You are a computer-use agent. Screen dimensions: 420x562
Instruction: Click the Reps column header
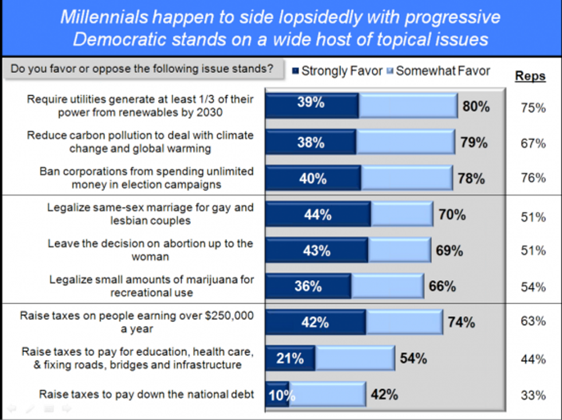click(530, 76)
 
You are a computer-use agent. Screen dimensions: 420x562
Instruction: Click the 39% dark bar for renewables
click(311, 104)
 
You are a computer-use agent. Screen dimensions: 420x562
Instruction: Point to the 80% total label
click(476, 106)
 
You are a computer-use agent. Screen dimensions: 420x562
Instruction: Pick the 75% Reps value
click(533, 108)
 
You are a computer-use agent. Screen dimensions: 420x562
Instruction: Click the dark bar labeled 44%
click(318, 215)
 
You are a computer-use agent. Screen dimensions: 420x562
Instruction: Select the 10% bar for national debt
click(278, 395)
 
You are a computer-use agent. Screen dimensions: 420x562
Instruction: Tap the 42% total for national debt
click(384, 395)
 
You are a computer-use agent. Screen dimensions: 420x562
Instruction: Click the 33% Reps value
click(533, 395)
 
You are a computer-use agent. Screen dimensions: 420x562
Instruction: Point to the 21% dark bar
click(290, 359)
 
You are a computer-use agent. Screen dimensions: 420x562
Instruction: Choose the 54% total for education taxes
click(413, 359)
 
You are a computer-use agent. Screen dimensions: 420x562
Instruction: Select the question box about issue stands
click(142, 69)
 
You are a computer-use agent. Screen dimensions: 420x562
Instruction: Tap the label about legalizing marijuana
click(152, 286)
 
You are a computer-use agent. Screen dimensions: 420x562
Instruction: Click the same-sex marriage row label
click(150, 213)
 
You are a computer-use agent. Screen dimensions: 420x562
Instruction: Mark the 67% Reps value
click(533, 143)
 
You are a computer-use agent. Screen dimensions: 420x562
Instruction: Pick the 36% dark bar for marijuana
click(308, 286)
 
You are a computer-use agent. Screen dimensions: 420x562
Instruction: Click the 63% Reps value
click(533, 321)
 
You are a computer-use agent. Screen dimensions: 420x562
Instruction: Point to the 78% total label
click(471, 178)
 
